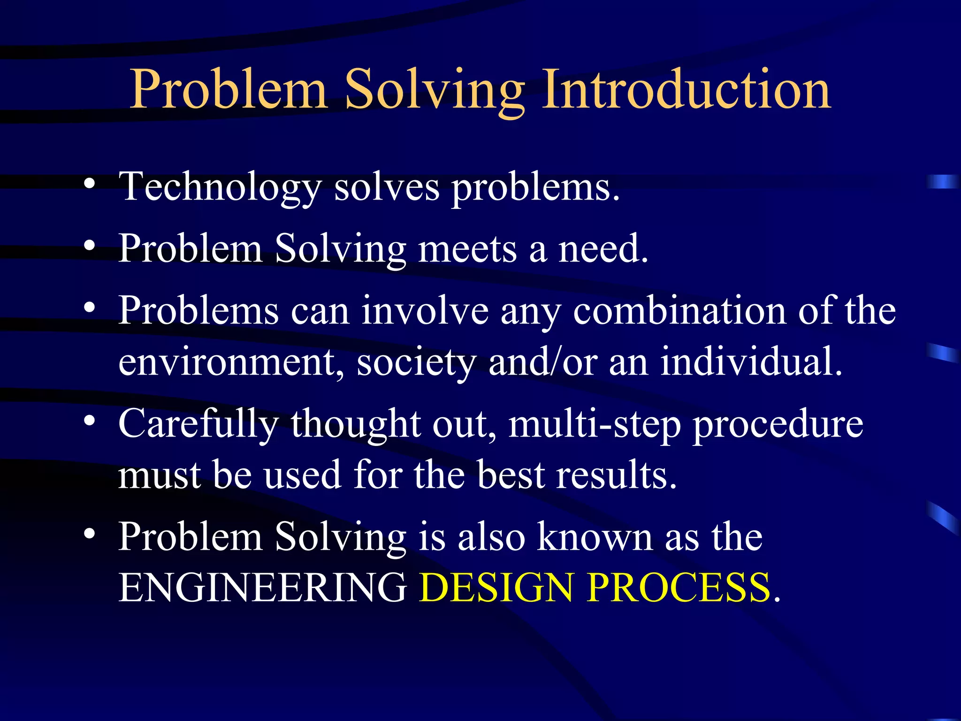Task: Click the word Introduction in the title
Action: click(686, 89)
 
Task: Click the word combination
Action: click(679, 311)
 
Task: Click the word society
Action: click(416, 362)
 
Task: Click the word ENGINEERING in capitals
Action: click(262, 588)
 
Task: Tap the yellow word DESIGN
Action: click(496, 588)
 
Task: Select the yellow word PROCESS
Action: click(679, 588)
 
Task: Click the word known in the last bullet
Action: click(595, 537)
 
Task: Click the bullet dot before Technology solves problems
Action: click(90, 184)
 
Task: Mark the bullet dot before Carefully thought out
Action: click(90, 421)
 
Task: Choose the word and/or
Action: click(543, 362)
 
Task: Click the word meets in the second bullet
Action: click(467, 249)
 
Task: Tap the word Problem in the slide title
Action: click(228, 89)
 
